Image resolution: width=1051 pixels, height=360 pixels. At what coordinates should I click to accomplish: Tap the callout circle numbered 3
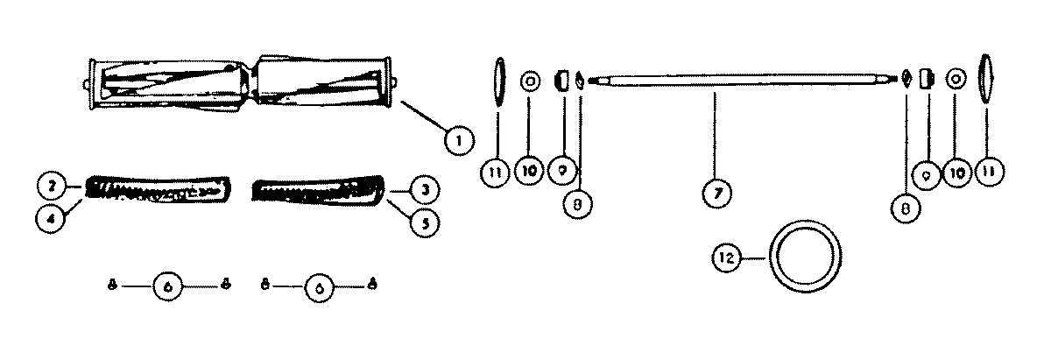pyautogui.click(x=424, y=188)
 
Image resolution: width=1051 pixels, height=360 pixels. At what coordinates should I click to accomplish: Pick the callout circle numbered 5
pyautogui.click(x=424, y=222)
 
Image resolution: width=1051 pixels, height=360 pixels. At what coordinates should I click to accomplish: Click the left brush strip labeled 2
pyautogui.click(x=158, y=191)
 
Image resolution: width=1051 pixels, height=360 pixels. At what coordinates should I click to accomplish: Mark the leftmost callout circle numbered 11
pyautogui.click(x=496, y=173)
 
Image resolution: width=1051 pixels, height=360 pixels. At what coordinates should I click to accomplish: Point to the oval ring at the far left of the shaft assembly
pyautogui.click(x=499, y=81)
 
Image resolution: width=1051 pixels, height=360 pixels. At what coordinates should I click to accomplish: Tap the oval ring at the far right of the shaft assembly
pyautogui.click(x=984, y=80)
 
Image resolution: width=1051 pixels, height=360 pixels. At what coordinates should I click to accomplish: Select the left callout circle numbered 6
pyautogui.click(x=168, y=285)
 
